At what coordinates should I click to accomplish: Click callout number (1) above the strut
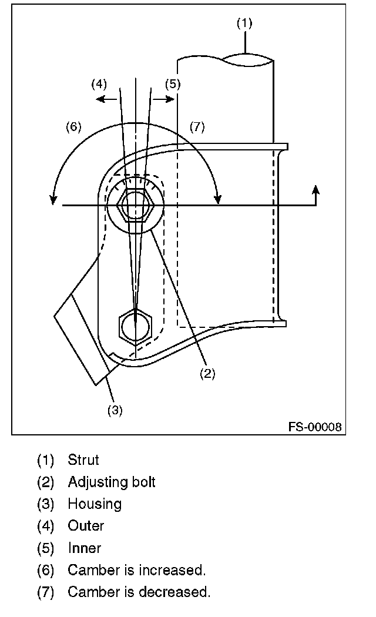click(244, 24)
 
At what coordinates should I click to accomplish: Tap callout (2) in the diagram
click(207, 373)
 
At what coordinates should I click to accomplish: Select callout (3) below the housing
click(115, 410)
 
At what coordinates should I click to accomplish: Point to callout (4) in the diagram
click(99, 84)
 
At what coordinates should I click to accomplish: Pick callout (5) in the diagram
click(172, 84)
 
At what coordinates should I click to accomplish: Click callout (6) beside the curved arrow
click(73, 127)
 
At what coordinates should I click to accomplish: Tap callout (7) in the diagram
click(197, 127)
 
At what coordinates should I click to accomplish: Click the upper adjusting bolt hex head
click(136, 206)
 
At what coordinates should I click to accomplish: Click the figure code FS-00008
click(314, 427)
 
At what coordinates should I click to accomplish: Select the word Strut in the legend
click(83, 460)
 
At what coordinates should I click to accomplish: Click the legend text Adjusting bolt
click(112, 482)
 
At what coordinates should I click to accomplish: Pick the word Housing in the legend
click(95, 504)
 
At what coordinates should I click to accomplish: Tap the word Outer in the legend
click(86, 526)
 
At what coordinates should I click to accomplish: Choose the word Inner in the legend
click(85, 548)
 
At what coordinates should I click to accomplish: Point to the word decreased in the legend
click(179, 592)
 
